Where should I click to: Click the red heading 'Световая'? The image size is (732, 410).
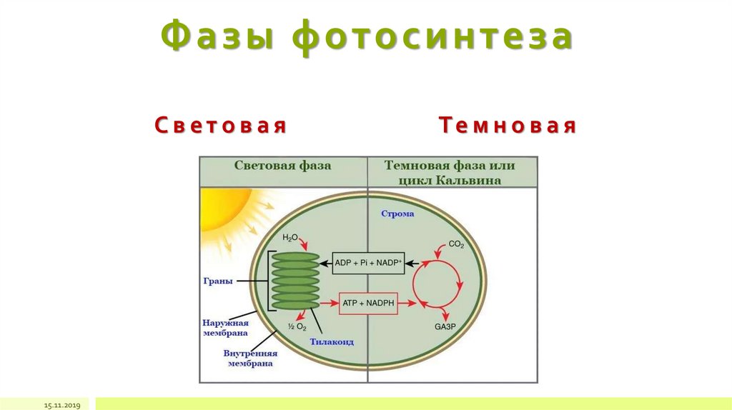pos(221,126)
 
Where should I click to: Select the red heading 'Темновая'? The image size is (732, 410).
pos(508,126)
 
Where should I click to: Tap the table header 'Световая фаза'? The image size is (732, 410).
pos(282,166)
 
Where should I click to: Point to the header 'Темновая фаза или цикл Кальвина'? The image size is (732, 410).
pos(450,173)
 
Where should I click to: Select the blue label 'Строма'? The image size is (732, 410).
pos(397,214)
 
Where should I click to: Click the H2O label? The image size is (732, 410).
pos(290,237)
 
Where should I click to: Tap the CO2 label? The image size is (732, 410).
pos(456,245)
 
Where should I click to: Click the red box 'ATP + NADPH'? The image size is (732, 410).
pos(367,304)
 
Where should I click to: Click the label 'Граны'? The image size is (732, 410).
pos(219,281)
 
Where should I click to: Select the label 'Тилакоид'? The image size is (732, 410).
pos(332,342)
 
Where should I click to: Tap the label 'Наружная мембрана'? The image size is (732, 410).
pos(225,328)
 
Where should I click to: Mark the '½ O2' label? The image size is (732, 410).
pos(297,326)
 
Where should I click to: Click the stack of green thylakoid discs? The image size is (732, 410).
pos(295,281)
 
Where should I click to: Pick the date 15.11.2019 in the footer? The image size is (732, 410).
pos(63,405)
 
